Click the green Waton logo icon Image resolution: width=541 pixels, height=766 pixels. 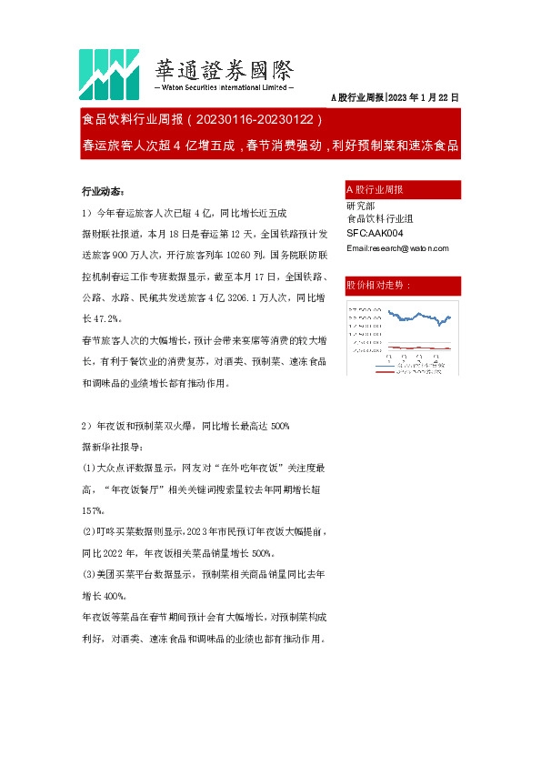pyautogui.click(x=106, y=72)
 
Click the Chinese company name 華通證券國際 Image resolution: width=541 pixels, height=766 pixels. pyautogui.click(x=225, y=69)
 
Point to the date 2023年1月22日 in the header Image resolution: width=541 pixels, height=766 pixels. pyautogui.click(x=424, y=96)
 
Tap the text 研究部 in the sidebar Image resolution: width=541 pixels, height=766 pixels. pyautogui.click(x=360, y=206)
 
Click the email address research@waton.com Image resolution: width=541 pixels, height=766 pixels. pyautogui.click(x=396, y=247)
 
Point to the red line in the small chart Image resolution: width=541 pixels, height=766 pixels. pyautogui.click(x=409, y=347)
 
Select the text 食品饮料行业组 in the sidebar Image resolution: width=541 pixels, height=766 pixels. pyautogui.click(x=380, y=219)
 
